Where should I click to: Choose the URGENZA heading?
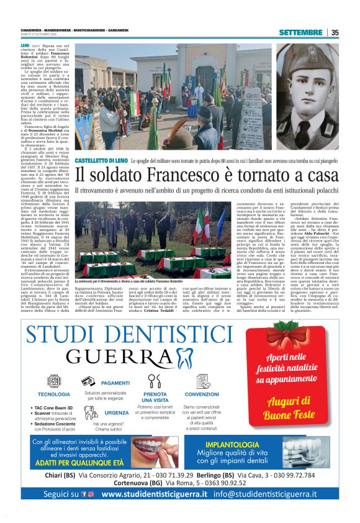tap(117, 412)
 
